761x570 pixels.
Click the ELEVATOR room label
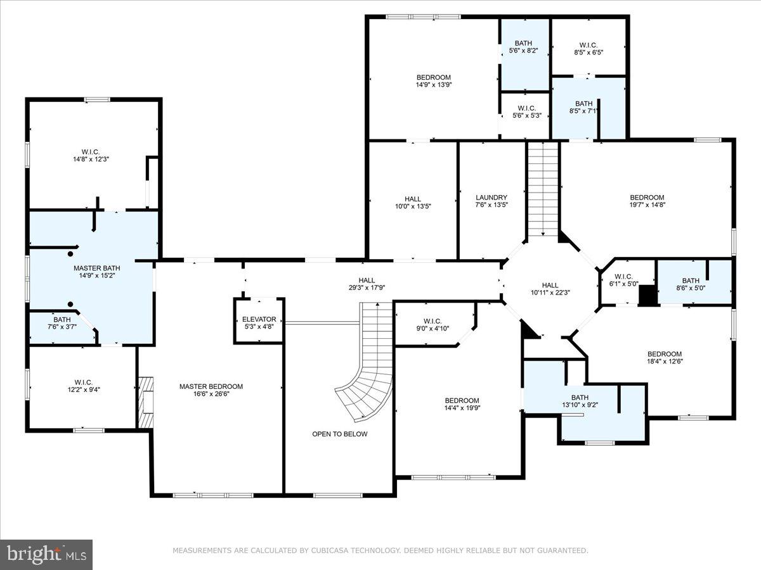tap(259, 319)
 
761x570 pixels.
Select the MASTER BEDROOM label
tap(211, 386)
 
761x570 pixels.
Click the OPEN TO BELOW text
tap(339, 434)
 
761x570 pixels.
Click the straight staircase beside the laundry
tap(543, 190)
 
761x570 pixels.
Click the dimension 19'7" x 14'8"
tap(647, 205)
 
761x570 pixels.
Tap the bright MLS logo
tap(46, 554)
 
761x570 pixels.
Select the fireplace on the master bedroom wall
tap(145, 403)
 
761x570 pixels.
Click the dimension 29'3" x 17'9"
tap(366, 288)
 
